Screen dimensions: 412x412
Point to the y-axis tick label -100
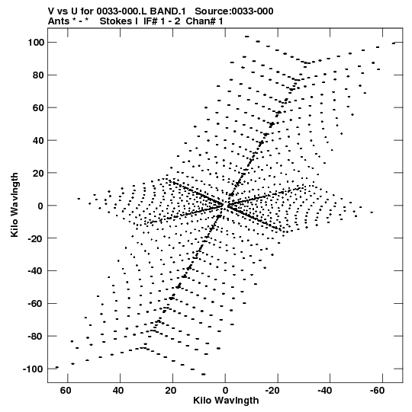33,369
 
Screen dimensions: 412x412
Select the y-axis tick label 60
38,107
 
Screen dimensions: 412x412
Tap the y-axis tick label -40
35,271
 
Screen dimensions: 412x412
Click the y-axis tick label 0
40,206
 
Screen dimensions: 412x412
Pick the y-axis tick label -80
35,337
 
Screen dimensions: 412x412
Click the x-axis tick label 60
66,391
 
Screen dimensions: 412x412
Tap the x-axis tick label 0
225,391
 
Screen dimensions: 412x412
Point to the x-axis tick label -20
272,391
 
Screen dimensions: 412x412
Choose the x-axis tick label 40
118,391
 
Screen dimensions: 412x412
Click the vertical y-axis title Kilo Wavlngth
14,205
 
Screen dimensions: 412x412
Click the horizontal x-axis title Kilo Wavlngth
226,401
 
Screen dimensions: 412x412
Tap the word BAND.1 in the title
168,11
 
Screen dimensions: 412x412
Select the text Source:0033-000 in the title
234,11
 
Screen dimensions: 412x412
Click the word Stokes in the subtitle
116,21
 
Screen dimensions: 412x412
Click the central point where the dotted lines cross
225,206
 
